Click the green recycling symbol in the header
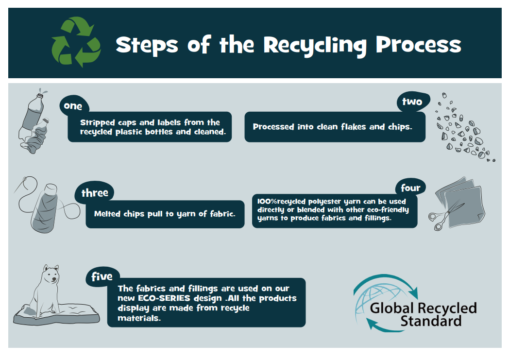(76, 42)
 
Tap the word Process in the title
(418, 45)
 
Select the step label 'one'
(73, 106)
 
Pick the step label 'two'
(412, 102)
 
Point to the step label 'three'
(95, 193)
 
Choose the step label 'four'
(410, 188)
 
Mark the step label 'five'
(102, 276)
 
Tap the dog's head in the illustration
(51, 275)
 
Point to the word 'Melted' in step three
(107, 214)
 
